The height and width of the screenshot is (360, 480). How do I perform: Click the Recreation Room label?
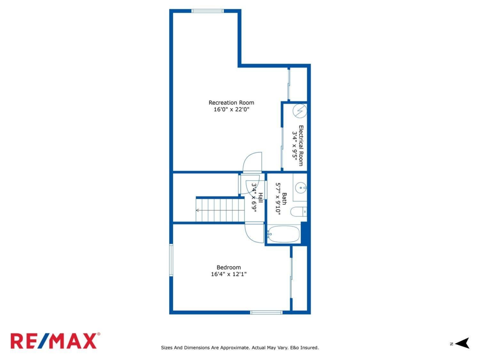(x=231, y=102)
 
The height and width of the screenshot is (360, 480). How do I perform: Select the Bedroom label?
(x=228, y=267)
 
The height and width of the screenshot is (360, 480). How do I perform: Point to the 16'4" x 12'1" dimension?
(x=228, y=274)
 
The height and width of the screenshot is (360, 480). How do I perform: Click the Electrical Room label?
(x=301, y=146)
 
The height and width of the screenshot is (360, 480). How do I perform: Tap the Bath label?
(x=284, y=199)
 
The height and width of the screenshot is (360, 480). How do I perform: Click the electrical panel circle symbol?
(x=300, y=110)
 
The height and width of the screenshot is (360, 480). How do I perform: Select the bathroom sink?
(x=300, y=186)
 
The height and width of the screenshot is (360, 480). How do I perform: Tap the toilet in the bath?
(x=298, y=211)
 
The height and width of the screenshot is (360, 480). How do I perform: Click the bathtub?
(x=284, y=234)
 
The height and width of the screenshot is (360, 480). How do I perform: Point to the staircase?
(x=220, y=208)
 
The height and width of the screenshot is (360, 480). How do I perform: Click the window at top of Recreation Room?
(x=207, y=11)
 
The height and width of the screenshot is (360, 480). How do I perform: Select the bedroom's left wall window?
(x=171, y=260)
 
